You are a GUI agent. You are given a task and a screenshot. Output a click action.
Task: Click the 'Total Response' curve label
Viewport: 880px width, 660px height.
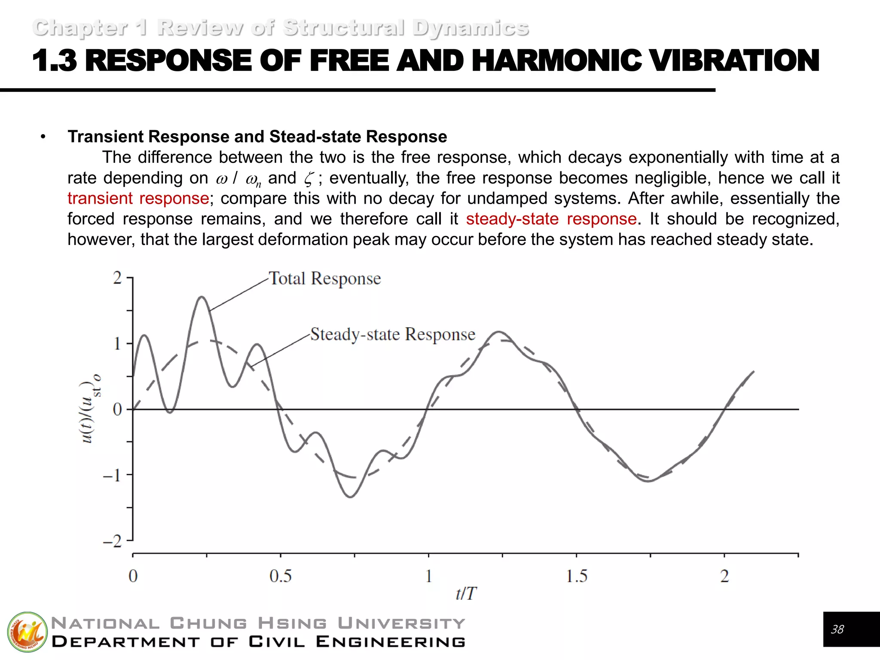pyautogui.click(x=324, y=279)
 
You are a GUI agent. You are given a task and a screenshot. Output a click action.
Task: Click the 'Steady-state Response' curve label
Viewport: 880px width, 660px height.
pyautogui.click(x=392, y=334)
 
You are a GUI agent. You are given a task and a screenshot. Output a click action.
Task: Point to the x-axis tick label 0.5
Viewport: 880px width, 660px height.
pyautogui.click(x=280, y=576)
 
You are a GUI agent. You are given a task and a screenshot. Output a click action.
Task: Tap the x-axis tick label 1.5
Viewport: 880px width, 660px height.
pyautogui.click(x=576, y=576)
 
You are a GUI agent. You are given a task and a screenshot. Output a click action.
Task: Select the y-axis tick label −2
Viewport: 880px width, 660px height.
pyautogui.click(x=113, y=541)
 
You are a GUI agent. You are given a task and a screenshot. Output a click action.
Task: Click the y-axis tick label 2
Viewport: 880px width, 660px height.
pyautogui.click(x=117, y=278)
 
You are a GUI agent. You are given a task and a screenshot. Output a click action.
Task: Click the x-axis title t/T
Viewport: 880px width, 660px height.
pyautogui.click(x=466, y=594)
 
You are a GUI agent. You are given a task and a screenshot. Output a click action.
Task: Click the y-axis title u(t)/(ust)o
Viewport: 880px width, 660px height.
pyautogui.click(x=91, y=408)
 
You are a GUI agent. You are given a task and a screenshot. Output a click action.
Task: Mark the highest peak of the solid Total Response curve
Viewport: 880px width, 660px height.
pyautogui.click(x=202, y=297)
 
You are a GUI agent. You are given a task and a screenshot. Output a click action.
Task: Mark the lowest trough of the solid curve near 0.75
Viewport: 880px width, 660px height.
pyautogui.click(x=351, y=497)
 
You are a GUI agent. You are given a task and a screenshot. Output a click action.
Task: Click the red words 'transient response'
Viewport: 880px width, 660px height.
pyautogui.click(x=138, y=199)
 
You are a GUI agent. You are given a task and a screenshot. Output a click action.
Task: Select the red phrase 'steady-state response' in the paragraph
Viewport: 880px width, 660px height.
pyautogui.click(x=551, y=219)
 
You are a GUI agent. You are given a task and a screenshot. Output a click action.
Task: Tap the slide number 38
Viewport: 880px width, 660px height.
pyautogui.click(x=837, y=629)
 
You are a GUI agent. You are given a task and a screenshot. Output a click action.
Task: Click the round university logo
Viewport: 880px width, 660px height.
pyautogui.click(x=27, y=632)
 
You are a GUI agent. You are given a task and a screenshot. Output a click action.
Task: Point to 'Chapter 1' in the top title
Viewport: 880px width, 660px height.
pyautogui.click(x=89, y=28)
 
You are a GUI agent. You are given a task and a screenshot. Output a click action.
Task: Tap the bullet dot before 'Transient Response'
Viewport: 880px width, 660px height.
pyautogui.click(x=43, y=137)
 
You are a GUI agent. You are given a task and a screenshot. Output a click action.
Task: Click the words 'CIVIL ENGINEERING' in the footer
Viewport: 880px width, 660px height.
pyautogui.click(x=357, y=642)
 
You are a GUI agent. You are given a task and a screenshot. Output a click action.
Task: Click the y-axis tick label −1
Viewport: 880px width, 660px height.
pyautogui.click(x=113, y=475)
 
